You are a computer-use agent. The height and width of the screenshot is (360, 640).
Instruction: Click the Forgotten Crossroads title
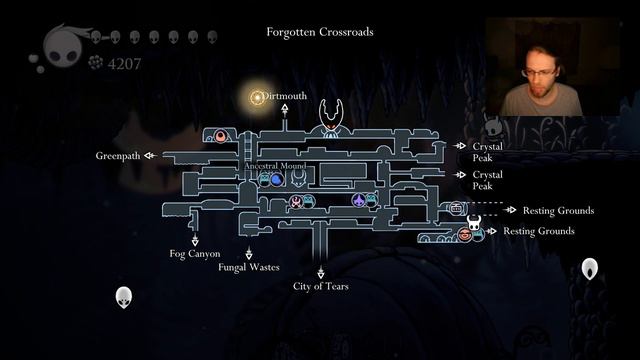click(x=320, y=31)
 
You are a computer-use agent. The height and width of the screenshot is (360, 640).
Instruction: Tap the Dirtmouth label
click(x=287, y=96)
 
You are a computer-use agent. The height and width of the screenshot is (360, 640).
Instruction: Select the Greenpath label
click(x=118, y=156)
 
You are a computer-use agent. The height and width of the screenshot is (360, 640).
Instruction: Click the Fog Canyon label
click(x=194, y=254)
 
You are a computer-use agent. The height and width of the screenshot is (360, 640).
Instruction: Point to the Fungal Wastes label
click(x=248, y=267)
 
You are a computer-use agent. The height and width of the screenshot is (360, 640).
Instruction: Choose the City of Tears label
click(x=320, y=286)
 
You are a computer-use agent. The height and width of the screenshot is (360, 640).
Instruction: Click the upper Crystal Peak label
click(x=487, y=151)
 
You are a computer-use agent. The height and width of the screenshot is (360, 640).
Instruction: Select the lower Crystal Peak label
click(x=487, y=181)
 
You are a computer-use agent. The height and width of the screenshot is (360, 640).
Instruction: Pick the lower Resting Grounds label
click(x=538, y=231)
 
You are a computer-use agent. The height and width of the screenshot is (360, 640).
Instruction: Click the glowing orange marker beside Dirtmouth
click(x=257, y=97)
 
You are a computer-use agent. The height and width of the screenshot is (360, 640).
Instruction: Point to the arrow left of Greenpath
click(x=149, y=156)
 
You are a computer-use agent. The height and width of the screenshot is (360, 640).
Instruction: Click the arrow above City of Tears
click(x=321, y=271)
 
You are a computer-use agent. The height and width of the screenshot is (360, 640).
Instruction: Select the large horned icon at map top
click(x=331, y=118)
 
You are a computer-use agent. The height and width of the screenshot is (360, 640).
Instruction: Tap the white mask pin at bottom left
click(x=124, y=297)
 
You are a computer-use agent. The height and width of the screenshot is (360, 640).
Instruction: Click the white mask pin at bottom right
click(x=591, y=268)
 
